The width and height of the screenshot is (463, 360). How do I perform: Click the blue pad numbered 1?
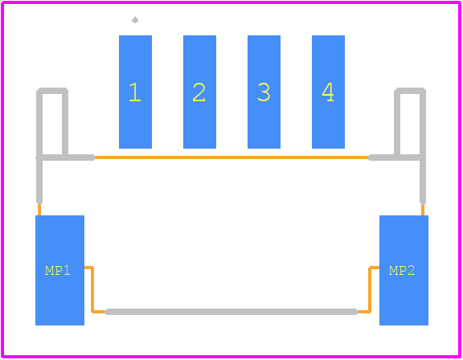[x=135, y=92]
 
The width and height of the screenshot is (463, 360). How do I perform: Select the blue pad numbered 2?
[x=199, y=92]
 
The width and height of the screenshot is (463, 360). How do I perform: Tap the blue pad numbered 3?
[x=264, y=92]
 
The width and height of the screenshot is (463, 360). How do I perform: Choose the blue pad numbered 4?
[x=328, y=92]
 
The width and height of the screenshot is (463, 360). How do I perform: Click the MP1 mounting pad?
[x=60, y=270]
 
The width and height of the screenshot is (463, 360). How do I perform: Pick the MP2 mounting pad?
[x=404, y=270]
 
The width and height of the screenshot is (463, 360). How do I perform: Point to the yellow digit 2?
[x=199, y=92]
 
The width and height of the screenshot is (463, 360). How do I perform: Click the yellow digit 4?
[x=328, y=92]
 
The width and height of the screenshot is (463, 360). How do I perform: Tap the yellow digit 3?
[x=264, y=92]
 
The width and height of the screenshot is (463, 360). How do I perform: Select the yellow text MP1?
[x=58, y=271]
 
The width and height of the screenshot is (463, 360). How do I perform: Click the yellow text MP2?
[x=402, y=271]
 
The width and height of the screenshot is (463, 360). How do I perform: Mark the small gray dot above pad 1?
[x=135, y=20]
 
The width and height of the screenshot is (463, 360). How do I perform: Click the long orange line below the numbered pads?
[x=231, y=157]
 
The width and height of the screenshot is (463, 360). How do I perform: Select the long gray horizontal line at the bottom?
[x=231, y=312]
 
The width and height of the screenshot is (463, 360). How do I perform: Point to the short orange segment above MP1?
[x=39, y=210]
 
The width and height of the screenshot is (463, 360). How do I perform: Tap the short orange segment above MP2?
[x=423, y=210]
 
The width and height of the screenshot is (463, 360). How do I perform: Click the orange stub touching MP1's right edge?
[x=88, y=268]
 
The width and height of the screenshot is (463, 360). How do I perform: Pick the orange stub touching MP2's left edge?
[x=375, y=268]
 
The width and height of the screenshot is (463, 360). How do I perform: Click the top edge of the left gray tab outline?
[x=52, y=91]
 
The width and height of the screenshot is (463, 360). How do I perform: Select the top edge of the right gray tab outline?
[x=410, y=91]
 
